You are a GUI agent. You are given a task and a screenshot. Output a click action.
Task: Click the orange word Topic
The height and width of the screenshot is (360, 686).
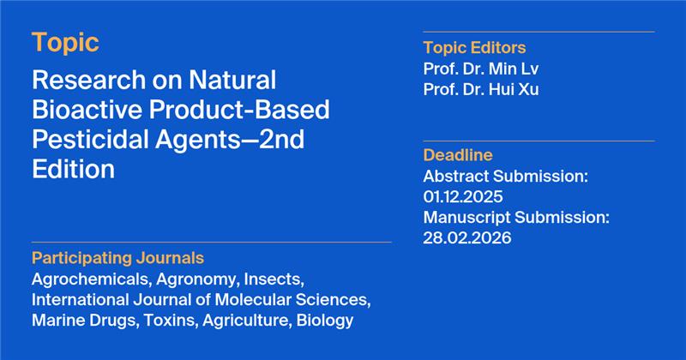point(65,42)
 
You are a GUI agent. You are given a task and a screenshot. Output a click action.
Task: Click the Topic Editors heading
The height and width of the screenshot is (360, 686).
point(474,47)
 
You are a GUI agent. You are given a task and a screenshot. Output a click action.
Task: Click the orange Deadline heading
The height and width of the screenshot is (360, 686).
point(458,155)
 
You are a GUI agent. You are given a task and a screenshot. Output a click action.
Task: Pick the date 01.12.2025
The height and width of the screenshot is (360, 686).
point(463,197)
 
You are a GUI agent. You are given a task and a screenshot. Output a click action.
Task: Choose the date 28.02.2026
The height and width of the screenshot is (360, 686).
point(466,238)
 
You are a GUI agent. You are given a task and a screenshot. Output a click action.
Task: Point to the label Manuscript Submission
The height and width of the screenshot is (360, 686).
point(516,218)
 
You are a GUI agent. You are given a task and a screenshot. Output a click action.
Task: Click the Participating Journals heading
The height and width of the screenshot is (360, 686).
point(118,258)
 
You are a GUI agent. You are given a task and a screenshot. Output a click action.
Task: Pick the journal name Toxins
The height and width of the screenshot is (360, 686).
point(164,321)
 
